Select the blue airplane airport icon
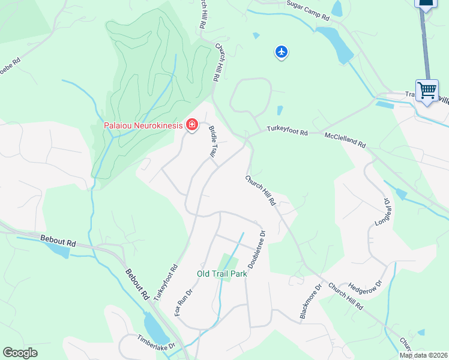point(282,52)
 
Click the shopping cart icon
point(427,91)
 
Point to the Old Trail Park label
point(221,274)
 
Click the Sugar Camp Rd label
point(308,11)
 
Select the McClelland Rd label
point(345,140)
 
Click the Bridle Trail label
point(212,142)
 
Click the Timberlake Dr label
point(155,342)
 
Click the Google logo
point(20,353)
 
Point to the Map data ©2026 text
point(424,355)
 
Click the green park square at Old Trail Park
point(228,262)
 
